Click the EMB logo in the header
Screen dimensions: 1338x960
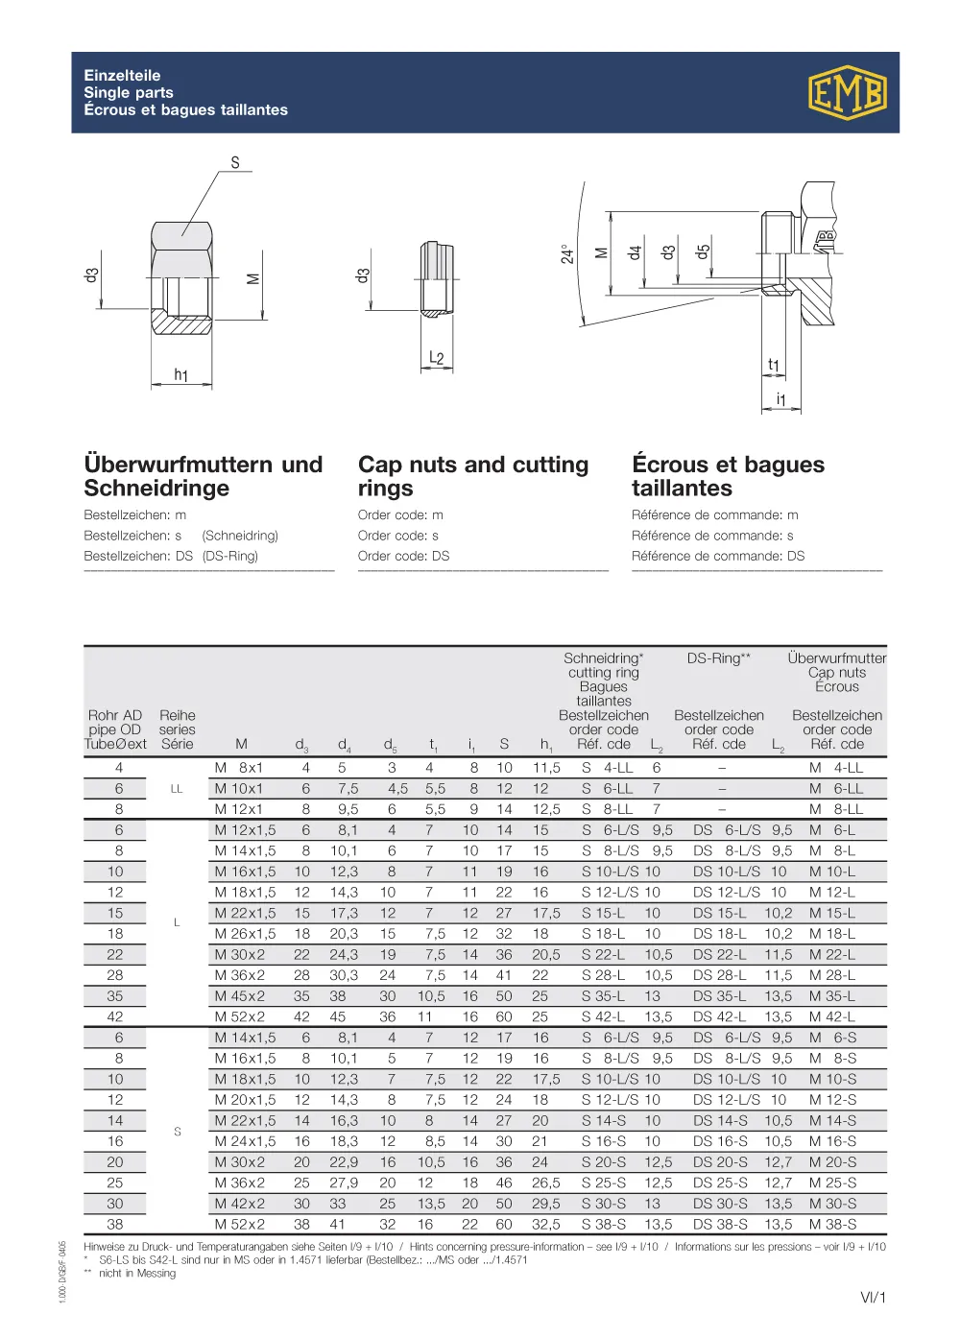(846, 93)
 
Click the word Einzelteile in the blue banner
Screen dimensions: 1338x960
(122, 75)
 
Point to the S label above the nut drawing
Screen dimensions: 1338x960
(235, 162)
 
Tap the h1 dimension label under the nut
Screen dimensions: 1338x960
(180, 375)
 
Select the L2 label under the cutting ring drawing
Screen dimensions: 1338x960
(436, 358)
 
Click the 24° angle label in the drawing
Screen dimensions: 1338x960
(567, 253)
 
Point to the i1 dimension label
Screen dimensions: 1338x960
(780, 398)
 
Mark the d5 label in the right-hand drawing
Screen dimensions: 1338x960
(703, 251)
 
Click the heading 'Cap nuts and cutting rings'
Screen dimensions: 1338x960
(473, 476)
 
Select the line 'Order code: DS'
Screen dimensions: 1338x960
(403, 556)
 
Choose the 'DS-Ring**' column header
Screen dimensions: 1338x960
(718, 658)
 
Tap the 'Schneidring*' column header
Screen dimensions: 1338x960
(603, 658)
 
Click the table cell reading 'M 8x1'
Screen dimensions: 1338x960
(238, 768)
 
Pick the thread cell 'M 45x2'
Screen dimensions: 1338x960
(239, 996)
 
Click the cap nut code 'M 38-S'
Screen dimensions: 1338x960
(832, 1225)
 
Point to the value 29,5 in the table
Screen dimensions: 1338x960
(545, 1204)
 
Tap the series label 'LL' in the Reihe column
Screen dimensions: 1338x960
(177, 789)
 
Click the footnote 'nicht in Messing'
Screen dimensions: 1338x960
(137, 1274)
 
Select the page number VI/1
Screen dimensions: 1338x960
(873, 1298)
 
